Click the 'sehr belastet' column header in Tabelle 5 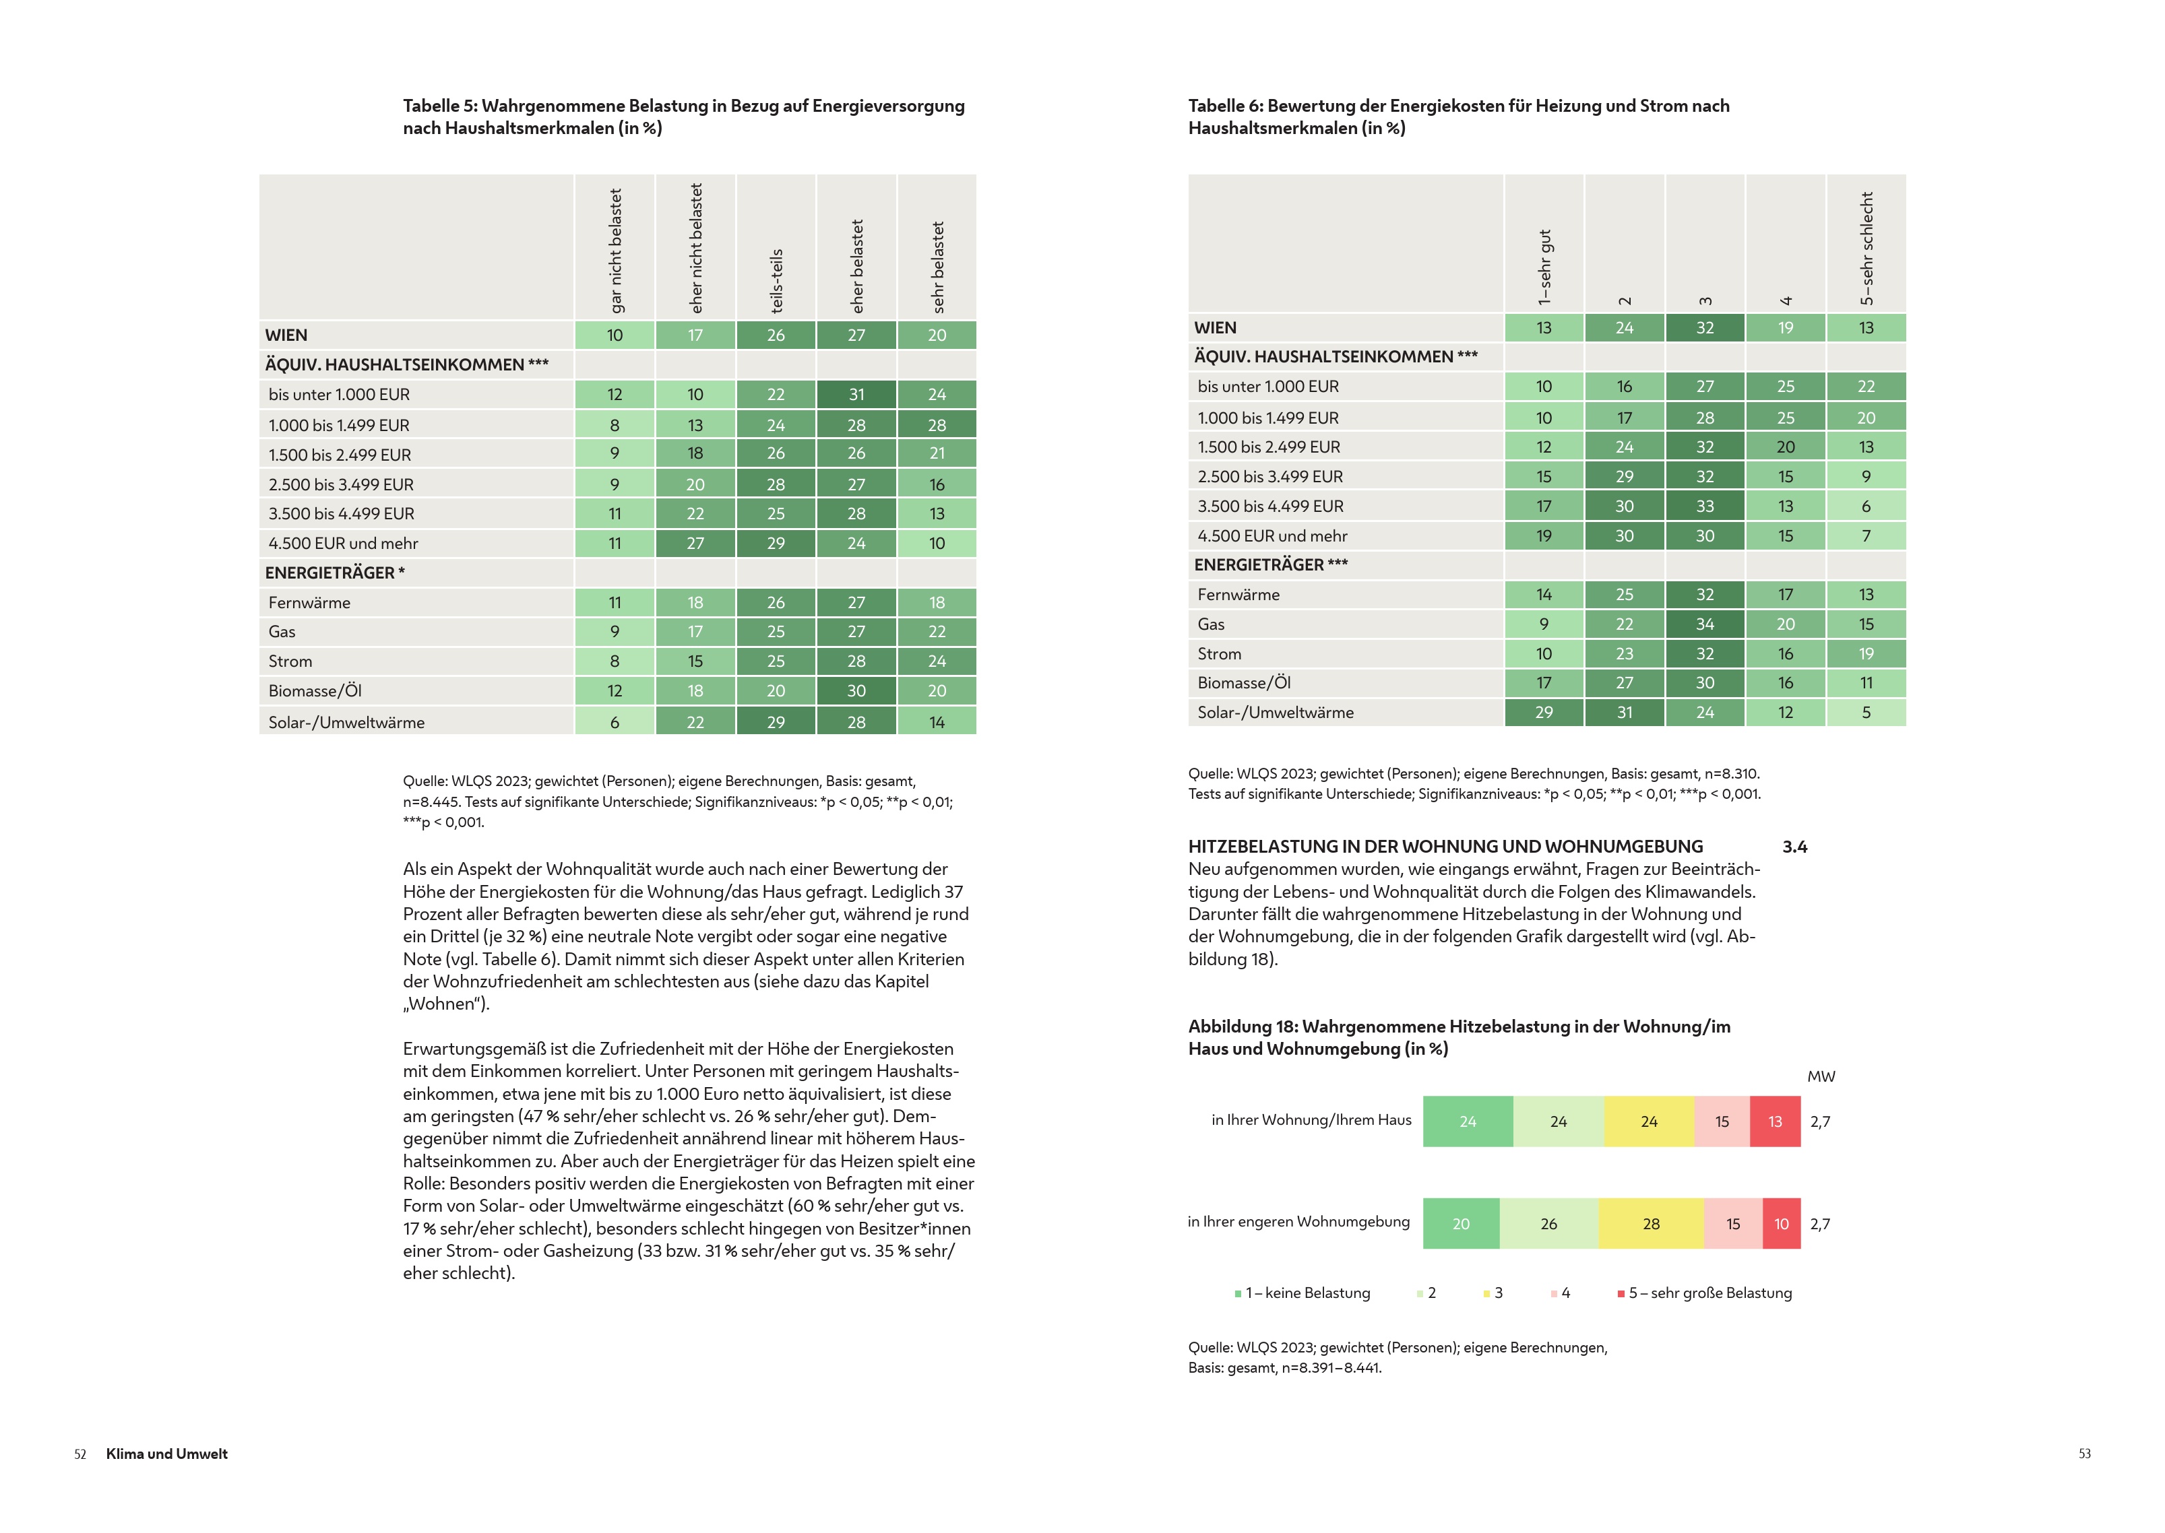point(937,267)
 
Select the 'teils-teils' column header point(776,280)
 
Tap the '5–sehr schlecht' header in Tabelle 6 point(1866,249)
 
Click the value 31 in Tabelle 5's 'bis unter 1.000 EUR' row point(856,395)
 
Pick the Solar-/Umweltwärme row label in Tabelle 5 point(346,722)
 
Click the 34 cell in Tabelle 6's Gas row point(1704,624)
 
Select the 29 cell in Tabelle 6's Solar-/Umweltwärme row point(1544,713)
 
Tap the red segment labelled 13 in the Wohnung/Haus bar point(1775,1121)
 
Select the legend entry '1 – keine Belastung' point(1303,1293)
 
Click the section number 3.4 point(1794,847)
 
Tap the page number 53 point(2083,1454)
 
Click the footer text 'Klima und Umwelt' point(166,1454)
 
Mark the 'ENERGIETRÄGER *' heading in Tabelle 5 point(334,573)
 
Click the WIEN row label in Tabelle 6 point(1214,327)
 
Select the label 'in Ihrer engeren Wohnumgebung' point(1298,1222)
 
